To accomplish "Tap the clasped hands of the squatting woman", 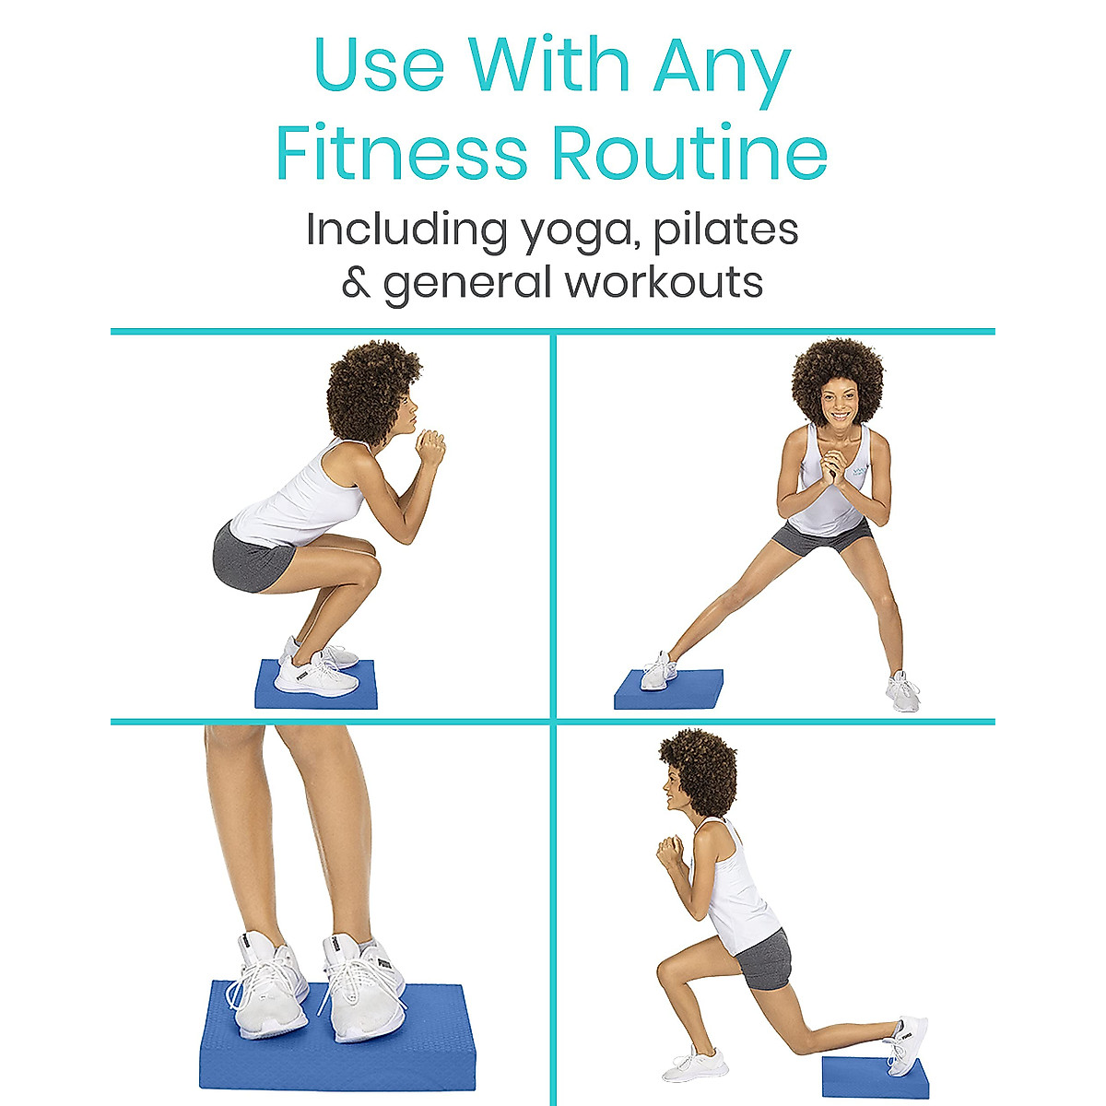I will (429, 447).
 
